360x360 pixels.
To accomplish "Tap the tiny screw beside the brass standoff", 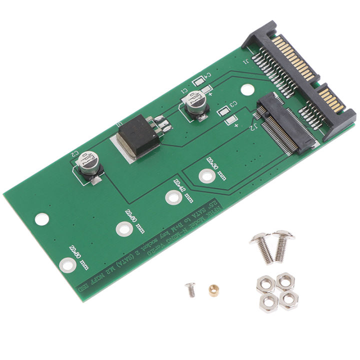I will click(190, 289).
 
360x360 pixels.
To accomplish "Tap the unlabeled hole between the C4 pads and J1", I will click(245, 90).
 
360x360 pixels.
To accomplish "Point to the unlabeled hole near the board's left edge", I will click(42, 218).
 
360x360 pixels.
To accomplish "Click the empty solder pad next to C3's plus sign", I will click(229, 120).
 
